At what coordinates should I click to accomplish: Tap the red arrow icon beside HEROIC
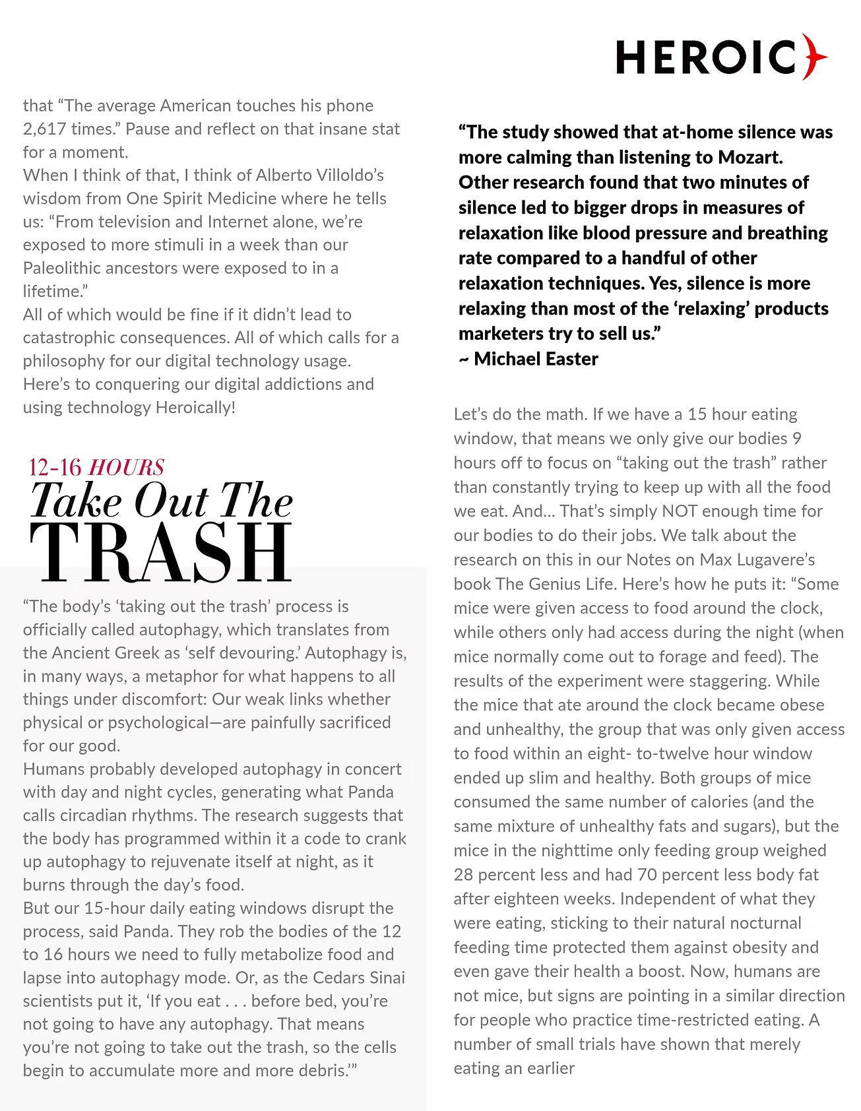(815, 57)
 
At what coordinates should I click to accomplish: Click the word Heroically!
(195, 407)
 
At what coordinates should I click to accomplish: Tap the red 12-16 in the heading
(55, 467)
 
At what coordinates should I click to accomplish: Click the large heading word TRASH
(161, 553)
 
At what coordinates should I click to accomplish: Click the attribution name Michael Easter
(536, 359)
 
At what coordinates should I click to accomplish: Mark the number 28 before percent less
(463, 875)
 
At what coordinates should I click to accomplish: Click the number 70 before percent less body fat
(649, 875)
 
